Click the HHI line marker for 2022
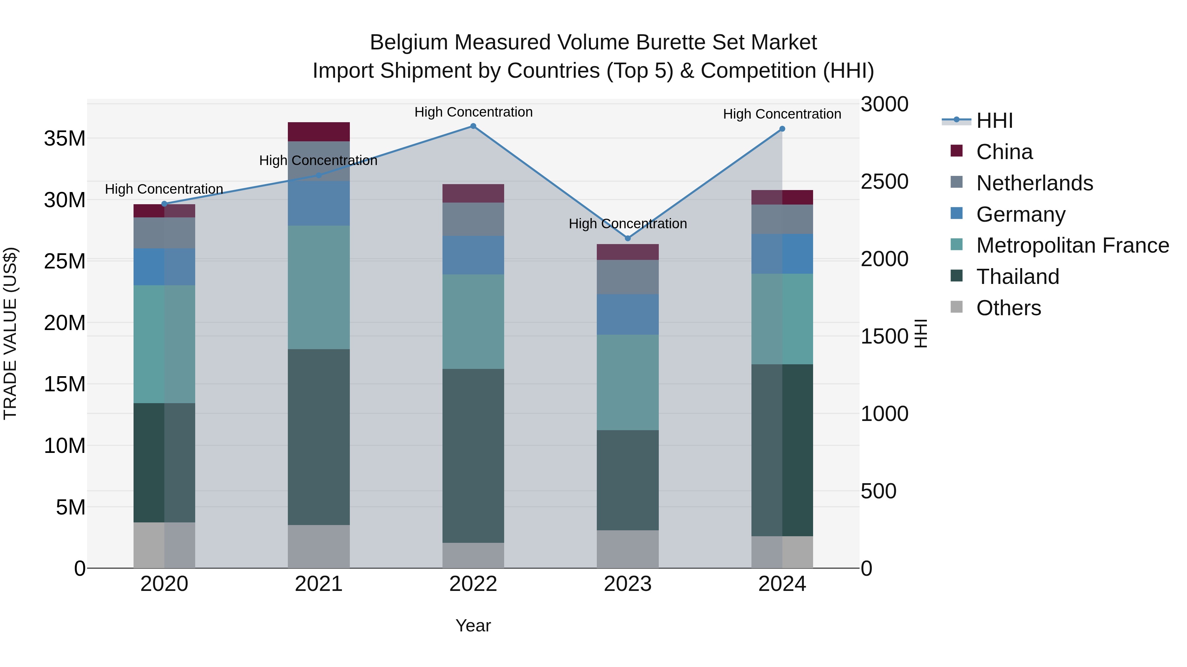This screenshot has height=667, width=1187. pyautogui.click(x=473, y=126)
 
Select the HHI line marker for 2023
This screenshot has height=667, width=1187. pyautogui.click(x=627, y=238)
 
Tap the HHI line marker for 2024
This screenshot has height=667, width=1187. pyautogui.click(x=782, y=129)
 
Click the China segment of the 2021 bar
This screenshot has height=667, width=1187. pyautogui.click(x=319, y=132)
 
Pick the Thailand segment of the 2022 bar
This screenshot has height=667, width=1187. pyautogui.click(x=473, y=456)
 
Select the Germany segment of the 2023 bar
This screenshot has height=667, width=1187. pyautogui.click(x=627, y=315)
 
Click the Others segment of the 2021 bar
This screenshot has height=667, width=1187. pyautogui.click(x=319, y=546)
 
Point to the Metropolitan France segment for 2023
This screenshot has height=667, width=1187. pyautogui.click(x=627, y=382)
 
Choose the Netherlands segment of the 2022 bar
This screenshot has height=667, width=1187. pyautogui.click(x=473, y=219)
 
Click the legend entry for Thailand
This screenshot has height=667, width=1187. pyautogui.click(x=1018, y=277)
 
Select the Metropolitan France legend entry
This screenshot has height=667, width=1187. pyautogui.click(x=1072, y=245)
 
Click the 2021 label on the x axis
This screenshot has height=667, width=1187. pyautogui.click(x=319, y=584)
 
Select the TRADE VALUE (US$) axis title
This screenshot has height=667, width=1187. pyautogui.click(x=10, y=333)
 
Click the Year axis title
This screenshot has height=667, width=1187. pyautogui.click(x=473, y=625)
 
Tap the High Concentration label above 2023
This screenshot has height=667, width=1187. pyautogui.click(x=627, y=224)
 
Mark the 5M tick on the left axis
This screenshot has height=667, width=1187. pyautogui.click(x=71, y=507)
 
